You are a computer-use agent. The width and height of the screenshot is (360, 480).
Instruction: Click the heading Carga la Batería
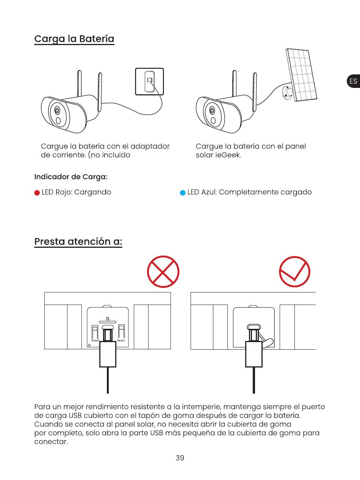coord(74,39)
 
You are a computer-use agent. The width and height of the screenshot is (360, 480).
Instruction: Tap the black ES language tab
coord(354,81)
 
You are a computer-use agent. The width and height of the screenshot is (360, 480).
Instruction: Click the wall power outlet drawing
coord(149,81)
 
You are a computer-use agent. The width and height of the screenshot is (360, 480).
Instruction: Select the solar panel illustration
coord(301,75)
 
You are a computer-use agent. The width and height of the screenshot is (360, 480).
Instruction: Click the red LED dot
coord(37,193)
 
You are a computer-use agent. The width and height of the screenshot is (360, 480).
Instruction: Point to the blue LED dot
coord(183,193)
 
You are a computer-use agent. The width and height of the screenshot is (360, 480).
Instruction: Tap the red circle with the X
coord(163,272)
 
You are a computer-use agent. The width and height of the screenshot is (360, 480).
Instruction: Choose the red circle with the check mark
coord(294,272)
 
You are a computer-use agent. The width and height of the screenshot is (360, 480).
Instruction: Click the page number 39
coord(180,458)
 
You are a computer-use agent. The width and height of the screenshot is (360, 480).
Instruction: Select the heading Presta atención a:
coord(78,242)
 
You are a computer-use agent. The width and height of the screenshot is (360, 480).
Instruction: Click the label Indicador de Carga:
coord(71,177)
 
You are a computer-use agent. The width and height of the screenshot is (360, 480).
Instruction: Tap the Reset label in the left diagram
coord(121,341)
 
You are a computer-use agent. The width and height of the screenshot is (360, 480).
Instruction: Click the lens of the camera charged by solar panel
coord(212,110)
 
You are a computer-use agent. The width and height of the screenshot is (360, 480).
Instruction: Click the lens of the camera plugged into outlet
coord(57,110)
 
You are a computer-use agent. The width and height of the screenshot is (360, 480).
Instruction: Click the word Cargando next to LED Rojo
coord(92,192)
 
